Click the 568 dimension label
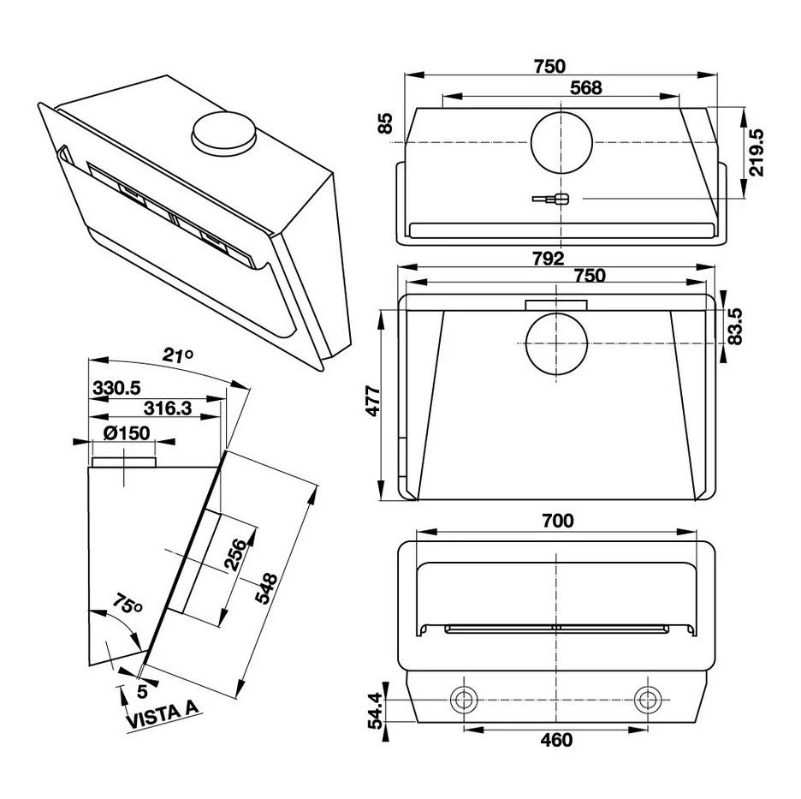[585, 88]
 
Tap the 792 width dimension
[549, 259]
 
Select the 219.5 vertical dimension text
[756, 152]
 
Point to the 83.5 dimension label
[734, 326]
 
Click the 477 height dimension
[374, 401]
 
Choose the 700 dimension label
[558, 521]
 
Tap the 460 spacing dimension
[556, 740]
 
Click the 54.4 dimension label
[376, 711]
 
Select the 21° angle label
[178, 355]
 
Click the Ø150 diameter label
[127, 433]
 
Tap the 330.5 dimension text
[116, 388]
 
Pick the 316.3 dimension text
[168, 408]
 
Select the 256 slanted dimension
[235, 554]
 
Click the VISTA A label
[162, 716]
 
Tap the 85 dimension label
[386, 123]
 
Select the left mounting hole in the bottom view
[464, 700]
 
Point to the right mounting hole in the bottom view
[648, 700]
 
